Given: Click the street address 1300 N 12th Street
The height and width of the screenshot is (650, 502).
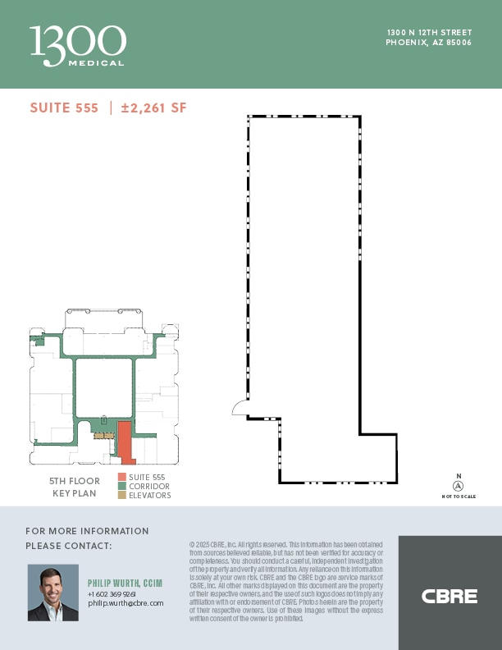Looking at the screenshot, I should click(430, 33).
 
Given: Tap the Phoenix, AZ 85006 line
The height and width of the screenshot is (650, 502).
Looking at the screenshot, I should click(429, 43).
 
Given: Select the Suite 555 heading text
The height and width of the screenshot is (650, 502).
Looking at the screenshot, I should click(64, 108).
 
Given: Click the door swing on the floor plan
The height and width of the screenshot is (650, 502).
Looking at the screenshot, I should click(240, 407).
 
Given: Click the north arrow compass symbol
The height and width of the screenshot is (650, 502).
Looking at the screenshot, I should click(459, 486).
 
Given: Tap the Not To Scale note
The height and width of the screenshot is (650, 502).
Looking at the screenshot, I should click(459, 497).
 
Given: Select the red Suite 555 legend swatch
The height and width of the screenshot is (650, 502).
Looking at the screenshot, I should click(121, 477).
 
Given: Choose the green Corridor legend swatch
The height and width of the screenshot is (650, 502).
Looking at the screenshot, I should click(121, 486).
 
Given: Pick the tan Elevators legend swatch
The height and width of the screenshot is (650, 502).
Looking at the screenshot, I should click(121, 495).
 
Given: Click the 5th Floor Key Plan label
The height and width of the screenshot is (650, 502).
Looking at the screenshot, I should click(75, 487).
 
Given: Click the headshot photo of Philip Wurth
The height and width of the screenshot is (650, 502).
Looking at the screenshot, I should click(53, 592).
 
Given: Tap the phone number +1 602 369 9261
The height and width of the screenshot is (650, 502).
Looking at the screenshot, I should click(112, 593).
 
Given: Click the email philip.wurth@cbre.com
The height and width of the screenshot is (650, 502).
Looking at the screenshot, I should click(125, 602).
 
